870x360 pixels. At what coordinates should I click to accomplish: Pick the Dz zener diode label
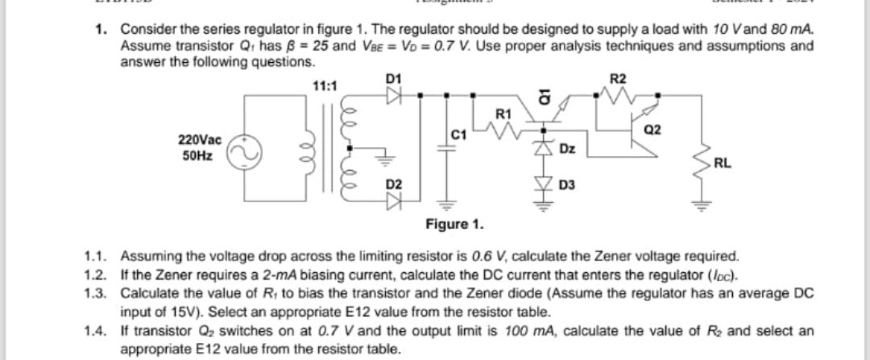point(567,149)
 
